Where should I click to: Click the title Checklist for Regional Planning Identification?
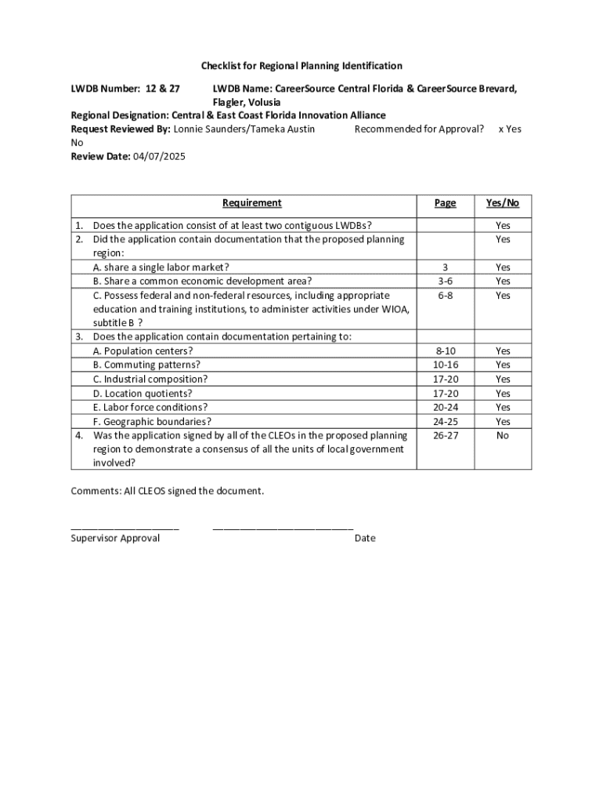[x=301, y=66]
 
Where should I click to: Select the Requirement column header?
[x=251, y=203]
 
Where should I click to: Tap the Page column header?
[x=445, y=203]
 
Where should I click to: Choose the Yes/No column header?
[x=502, y=203]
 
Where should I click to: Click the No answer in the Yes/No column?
[x=502, y=435]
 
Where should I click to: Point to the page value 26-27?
[x=445, y=435]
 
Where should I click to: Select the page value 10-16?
[x=445, y=365]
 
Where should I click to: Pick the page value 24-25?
[x=445, y=421]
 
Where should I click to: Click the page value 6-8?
[x=445, y=295]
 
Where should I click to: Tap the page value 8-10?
[x=445, y=351]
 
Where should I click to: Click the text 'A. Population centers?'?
[x=143, y=351]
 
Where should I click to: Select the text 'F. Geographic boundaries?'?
[x=152, y=421]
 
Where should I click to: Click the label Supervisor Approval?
[x=115, y=538]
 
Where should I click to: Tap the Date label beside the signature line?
[x=365, y=538]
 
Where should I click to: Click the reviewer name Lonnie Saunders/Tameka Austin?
[x=244, y=129]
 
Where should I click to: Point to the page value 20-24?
[x=445, y=407]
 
